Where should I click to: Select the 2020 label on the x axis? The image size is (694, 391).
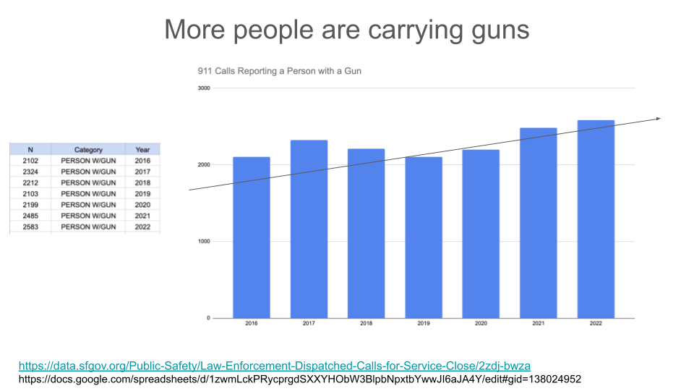(481, 324)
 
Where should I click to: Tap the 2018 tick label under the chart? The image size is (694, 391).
(366, 324)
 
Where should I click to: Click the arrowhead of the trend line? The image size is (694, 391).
(658, 118)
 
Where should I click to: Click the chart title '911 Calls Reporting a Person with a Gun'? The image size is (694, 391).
(279, 71)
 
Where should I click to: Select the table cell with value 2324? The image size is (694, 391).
(30, 172)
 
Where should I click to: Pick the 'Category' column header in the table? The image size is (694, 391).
(88, 150)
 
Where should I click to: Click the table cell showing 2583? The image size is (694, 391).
(30, 227)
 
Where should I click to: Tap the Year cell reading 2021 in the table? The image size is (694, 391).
(142, 216)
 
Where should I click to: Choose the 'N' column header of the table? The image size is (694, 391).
(30, 150)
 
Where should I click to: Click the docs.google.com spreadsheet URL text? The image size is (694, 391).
(299, 379)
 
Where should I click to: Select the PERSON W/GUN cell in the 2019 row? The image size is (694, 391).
(88, 194)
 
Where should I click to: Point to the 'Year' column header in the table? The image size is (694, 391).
(142, 150)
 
